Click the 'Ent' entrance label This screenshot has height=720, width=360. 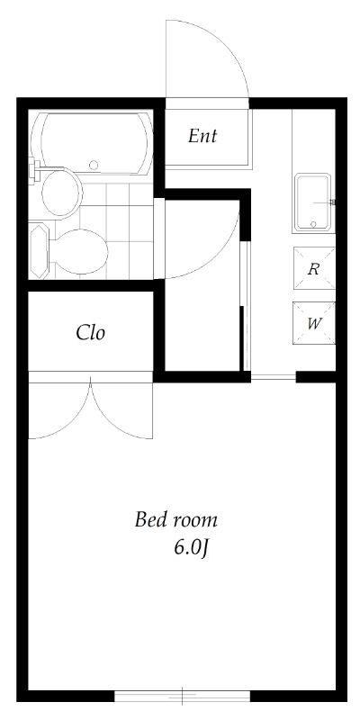[202, 136]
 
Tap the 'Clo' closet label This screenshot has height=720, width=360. [91, 333]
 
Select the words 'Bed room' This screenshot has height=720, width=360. [175, 520]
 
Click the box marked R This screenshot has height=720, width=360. [314, 268]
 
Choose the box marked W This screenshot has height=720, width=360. [314, 323]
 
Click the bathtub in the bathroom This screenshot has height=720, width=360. [91, 142]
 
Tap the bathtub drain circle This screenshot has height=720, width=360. [94, 165]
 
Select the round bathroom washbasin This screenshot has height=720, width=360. [61, 193]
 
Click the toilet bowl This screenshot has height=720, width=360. [81, 252]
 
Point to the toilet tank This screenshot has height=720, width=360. [39, 251]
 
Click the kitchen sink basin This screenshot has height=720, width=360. [313, 202]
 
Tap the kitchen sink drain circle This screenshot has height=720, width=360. [313, 224]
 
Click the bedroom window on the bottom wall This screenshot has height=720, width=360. [183, 696]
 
